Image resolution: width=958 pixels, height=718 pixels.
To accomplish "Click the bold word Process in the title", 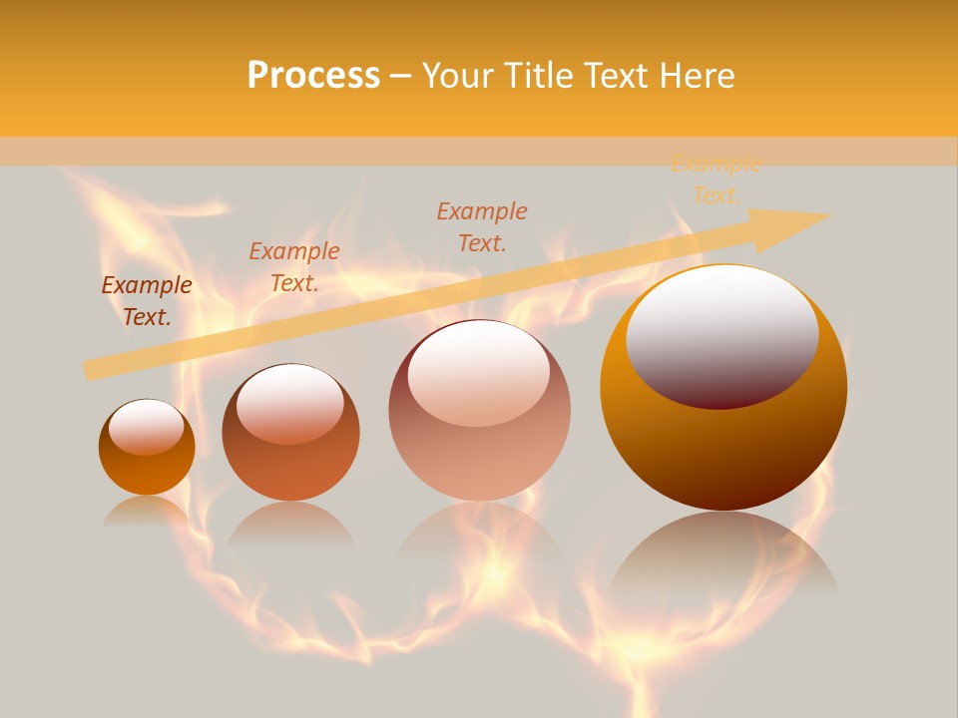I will (x=313, y=76).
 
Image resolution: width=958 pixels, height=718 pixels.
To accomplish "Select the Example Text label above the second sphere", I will (x=294, y=267).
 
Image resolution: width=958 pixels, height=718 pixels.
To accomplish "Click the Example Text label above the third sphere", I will (x=482, y=226).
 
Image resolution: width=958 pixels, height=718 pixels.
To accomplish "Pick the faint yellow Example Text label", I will (x=716, y=180).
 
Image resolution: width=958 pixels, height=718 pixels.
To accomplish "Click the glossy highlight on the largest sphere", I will (x=722, y=337).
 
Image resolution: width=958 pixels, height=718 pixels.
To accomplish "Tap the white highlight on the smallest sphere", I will (x=146, y=427).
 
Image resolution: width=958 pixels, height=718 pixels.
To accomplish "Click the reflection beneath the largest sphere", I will (x=723, y=558).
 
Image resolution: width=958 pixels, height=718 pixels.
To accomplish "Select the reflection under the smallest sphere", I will (x=147, y=511).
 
